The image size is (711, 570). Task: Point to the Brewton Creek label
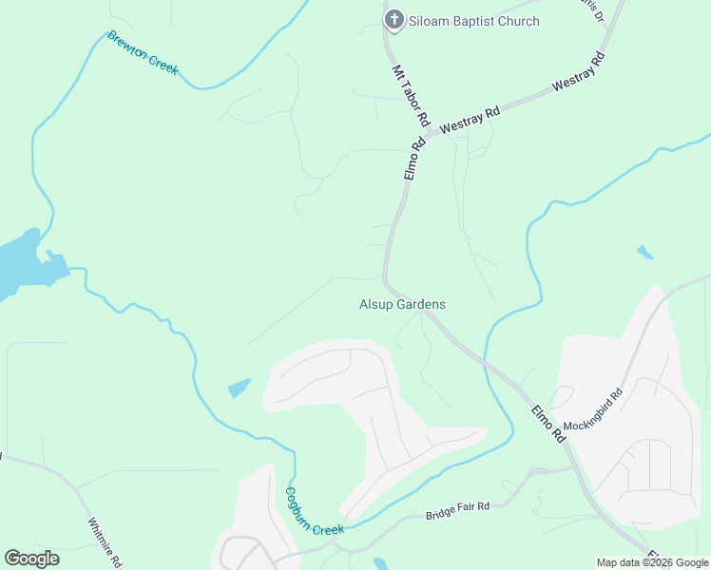coord(143,53)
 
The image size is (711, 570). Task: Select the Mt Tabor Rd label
coord(412,97)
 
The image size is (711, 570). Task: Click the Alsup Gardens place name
coord(402,305)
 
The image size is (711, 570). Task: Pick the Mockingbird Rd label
coord(591,409)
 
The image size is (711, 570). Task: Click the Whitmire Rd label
coord(105,542)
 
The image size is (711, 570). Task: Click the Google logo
coord(31,559)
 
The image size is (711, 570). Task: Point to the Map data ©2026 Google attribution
coord(651,562)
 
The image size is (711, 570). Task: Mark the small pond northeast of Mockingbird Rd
coord(645,252)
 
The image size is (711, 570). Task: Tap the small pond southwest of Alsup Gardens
coord(239,388)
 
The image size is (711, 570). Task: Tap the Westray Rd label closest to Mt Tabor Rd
coord(470,120)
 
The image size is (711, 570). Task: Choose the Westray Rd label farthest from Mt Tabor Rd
coord(578,74)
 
